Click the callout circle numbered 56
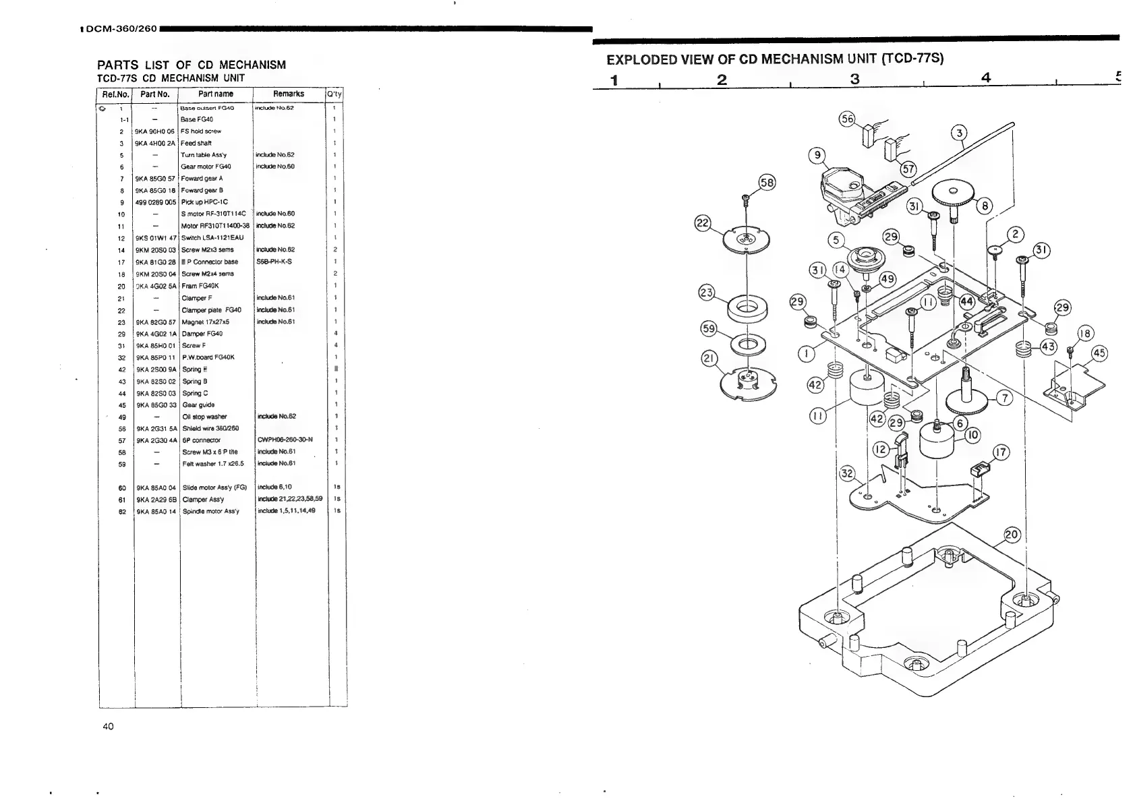(847, 119)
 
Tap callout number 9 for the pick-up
(817, 156)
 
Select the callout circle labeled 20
(1012, 535)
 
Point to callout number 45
(1099, 353)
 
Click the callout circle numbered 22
(703, 223)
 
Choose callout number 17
(1002, 452)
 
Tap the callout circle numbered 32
(847, 473)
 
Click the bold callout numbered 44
(966, 301)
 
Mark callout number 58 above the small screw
(767, 182)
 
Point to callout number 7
(1004, 398)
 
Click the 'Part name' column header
(216, 94)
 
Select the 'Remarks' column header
(288, 94)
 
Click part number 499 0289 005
(156, 202)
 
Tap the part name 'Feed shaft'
(196, 143)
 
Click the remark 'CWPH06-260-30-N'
(285, 440)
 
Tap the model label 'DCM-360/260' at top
(121, 29)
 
